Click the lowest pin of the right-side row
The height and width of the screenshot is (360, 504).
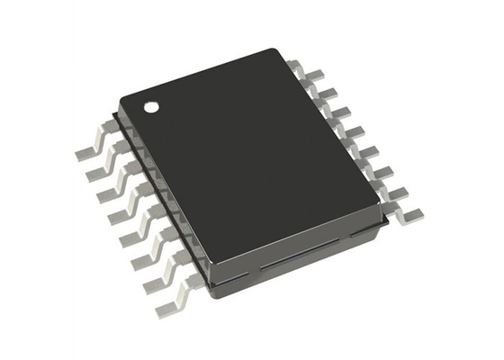tap(412, 212)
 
